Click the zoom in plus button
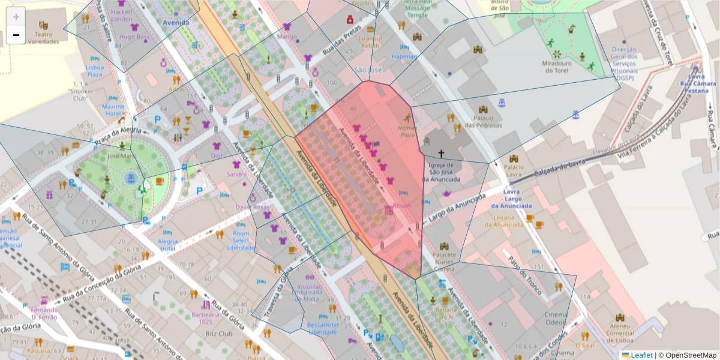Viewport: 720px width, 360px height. [x=16, y=17]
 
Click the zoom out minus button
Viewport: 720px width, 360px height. [x=16, y=35]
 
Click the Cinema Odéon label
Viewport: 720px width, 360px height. [x=555, y=319]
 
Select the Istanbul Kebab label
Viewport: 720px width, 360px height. [x=370, y=42]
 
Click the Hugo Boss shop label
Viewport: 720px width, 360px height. [x=134, y=37]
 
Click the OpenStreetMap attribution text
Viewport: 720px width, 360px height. [x=687, y=355]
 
